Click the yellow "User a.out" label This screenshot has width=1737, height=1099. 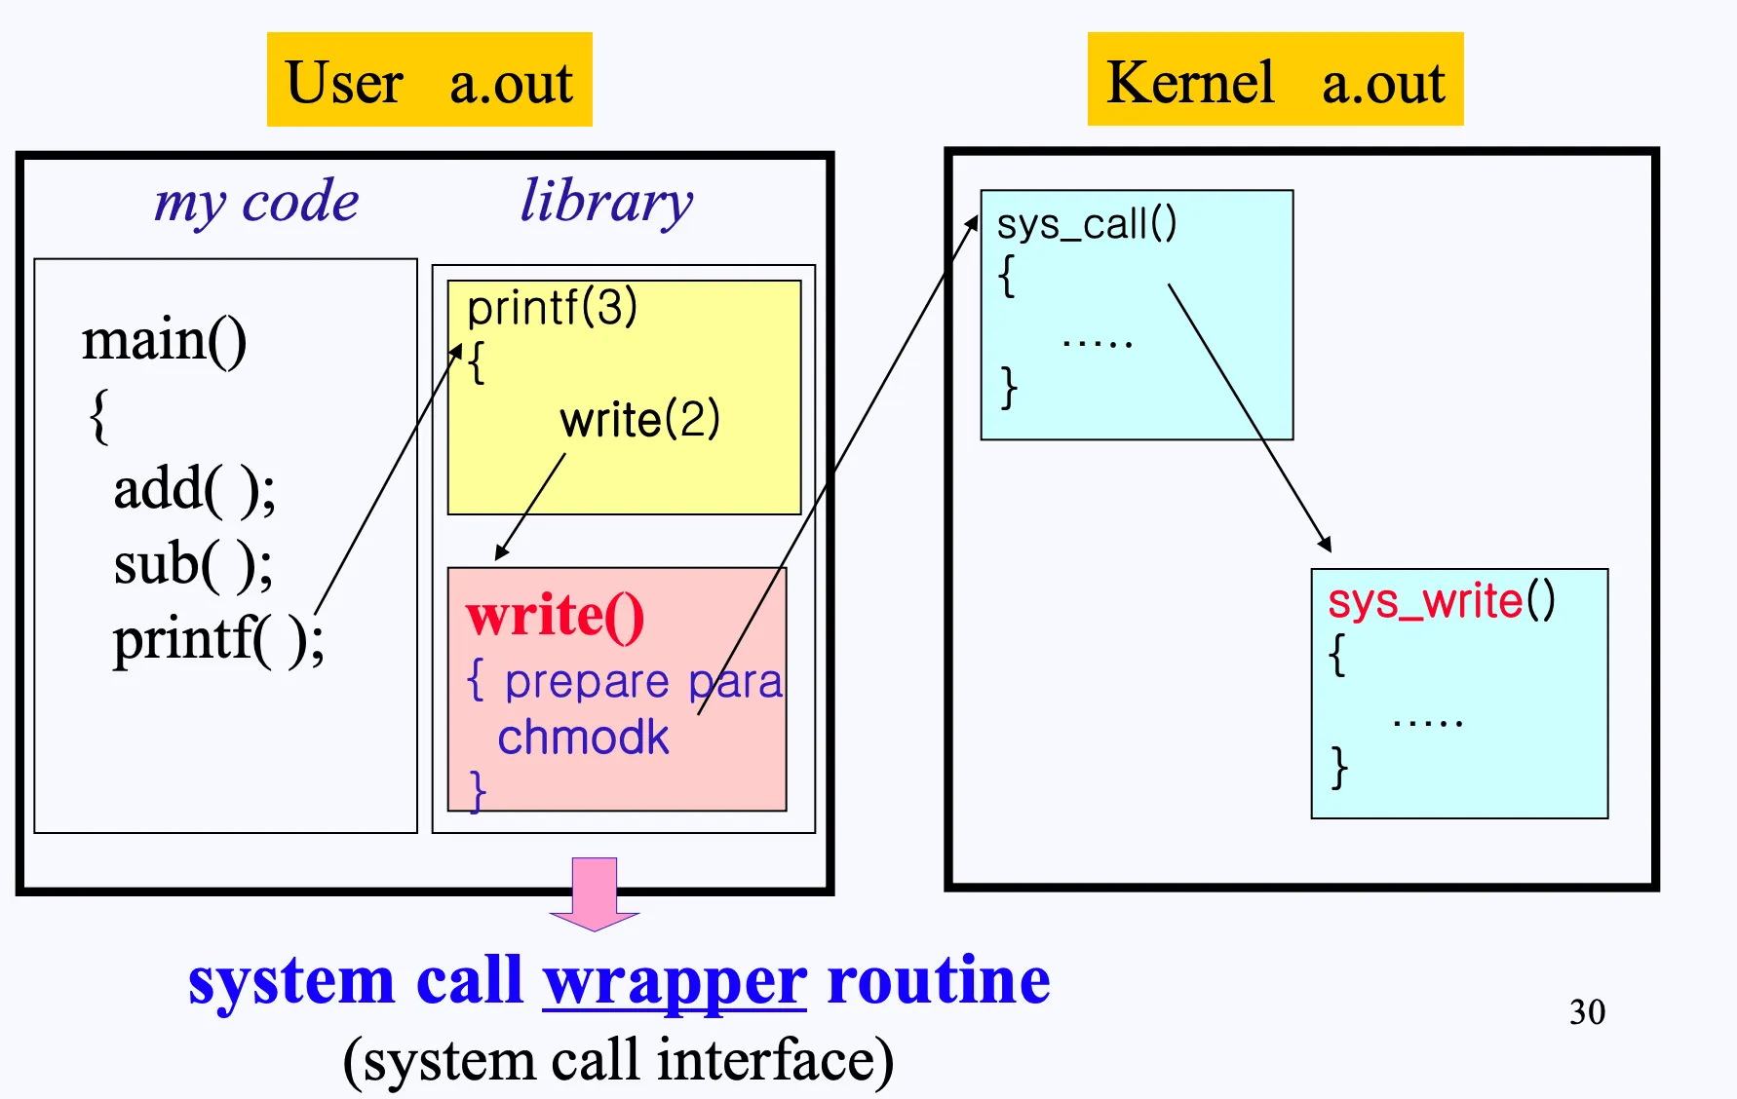[429, 80]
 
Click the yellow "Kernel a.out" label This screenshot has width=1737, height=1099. [1275, 80]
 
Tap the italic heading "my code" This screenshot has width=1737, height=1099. [256, 202]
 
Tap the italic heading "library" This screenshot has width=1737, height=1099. [606, 202]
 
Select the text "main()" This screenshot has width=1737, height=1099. [164, 341]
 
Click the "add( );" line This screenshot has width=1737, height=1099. [195, 489]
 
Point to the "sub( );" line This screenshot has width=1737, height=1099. [193, 564]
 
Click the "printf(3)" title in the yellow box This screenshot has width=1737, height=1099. [552, 308]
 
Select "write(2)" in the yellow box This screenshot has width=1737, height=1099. [639, 420]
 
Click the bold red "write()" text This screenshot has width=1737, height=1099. [555, 616]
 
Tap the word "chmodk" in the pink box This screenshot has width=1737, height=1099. [583, 738]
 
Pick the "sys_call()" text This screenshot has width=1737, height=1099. [1086, 224]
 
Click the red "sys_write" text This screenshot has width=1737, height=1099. [1424, 601]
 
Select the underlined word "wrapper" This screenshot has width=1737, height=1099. [675, 980]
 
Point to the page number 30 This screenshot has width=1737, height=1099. [1587, 1012]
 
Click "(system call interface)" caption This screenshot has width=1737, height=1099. [618, 1060]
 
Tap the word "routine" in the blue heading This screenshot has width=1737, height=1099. [938, 980]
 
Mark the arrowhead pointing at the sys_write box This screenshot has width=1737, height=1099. [1326, 546]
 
